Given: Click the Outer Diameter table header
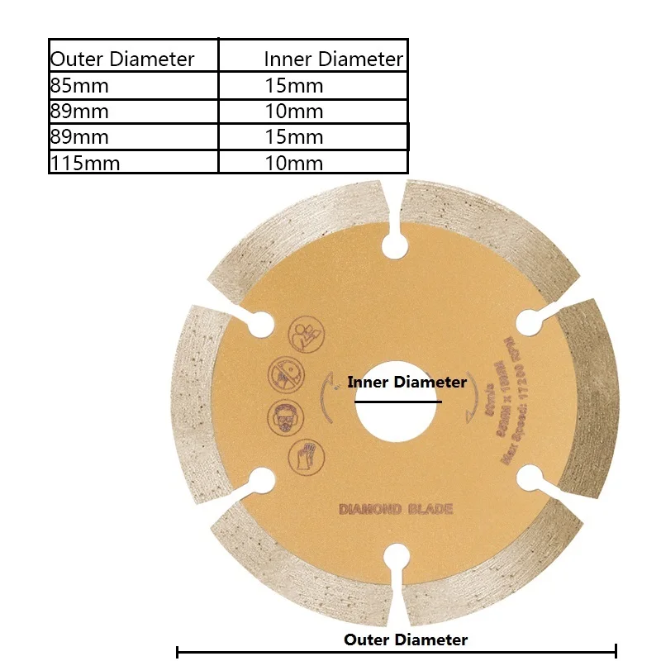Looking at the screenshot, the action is (122, 59).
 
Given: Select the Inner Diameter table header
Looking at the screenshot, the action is (333, 59).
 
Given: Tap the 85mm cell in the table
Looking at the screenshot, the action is (79, 85).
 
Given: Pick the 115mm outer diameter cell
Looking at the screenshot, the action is (84, 163).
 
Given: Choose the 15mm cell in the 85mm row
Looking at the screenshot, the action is (293, 85).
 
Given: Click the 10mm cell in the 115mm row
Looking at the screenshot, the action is (293, 163).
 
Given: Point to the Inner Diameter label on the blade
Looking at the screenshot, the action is (407, 383).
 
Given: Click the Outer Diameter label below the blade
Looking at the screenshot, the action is (406, 640).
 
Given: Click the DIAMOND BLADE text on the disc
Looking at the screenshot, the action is (395, 509).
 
